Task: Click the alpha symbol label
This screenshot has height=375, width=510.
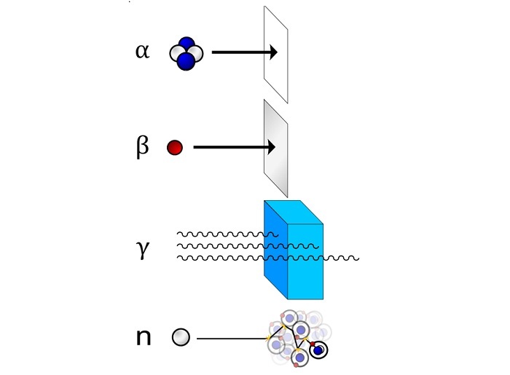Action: click(143, 52)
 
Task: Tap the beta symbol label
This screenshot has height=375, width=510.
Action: click(143, 147)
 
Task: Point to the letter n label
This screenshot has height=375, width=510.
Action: click(144, 338)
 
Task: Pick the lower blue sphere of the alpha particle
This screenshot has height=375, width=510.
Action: click(186, 62)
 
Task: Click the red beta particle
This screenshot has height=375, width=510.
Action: click(175, 148)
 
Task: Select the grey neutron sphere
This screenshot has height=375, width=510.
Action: click(181, 337)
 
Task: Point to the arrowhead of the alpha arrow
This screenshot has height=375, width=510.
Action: click(273, 52)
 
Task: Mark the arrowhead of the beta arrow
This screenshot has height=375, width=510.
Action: click(271, 147)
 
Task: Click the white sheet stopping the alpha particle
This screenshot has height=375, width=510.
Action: click(276, 55)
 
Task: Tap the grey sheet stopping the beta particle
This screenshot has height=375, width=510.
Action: click(276, 149)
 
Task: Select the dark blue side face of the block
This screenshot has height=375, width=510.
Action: click(276, 249)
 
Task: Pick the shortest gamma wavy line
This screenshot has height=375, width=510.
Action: click(227, 234)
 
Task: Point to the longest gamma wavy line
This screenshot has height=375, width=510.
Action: click(268, 258)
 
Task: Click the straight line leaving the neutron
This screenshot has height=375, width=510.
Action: click(232, 339)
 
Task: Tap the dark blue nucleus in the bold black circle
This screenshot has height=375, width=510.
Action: click(318, 350)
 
